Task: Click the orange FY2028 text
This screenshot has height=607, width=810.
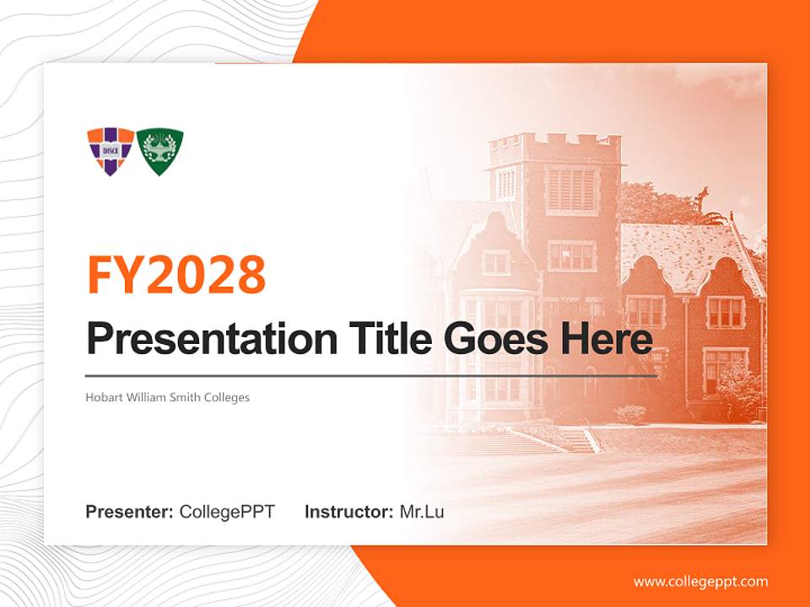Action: pos(176,274)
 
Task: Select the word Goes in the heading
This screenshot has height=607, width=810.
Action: pos(492,340)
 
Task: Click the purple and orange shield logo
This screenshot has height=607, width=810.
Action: pos(111,150)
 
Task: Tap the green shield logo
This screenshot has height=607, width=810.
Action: pos(160,150)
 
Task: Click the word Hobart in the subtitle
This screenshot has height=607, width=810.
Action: pos(102,397)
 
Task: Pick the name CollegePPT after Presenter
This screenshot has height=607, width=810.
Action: pos(227,512)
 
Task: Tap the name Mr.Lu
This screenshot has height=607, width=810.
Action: pos(422,512)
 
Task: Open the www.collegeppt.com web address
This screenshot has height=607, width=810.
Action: pos(700,582)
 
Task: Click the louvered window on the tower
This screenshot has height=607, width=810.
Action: pos(571,189)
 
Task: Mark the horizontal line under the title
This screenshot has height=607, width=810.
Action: pos(371,375)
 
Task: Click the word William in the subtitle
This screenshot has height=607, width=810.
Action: pos(154,397)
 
